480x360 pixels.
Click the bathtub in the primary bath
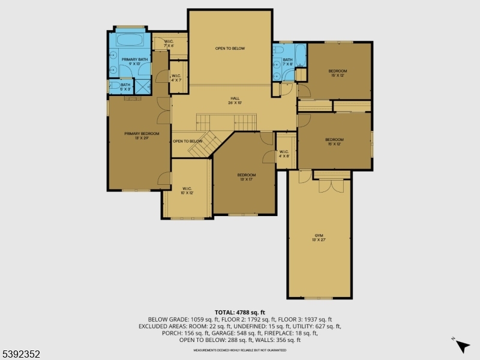click(x=130, y=41)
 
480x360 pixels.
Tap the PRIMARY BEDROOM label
click(x=142, y=136)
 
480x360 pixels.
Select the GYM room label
click(x=319, y=236)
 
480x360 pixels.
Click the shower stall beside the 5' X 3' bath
click(x=142, y=86)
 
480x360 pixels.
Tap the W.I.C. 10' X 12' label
click(x=187, y=191)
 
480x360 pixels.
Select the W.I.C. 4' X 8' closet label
click(x=284, y=154)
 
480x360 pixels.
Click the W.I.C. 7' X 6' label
click(x=168, y=44)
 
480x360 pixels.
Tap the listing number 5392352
click(x=21, y=354)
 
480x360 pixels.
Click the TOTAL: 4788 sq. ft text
click(x=239, y=313)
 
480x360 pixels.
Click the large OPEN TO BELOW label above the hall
click(x=230, y=49)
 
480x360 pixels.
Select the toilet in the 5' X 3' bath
click(x=112, y=86)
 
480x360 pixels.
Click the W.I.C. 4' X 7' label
click(x=176, y=77)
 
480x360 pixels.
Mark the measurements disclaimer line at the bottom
click(x=239, y=350)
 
